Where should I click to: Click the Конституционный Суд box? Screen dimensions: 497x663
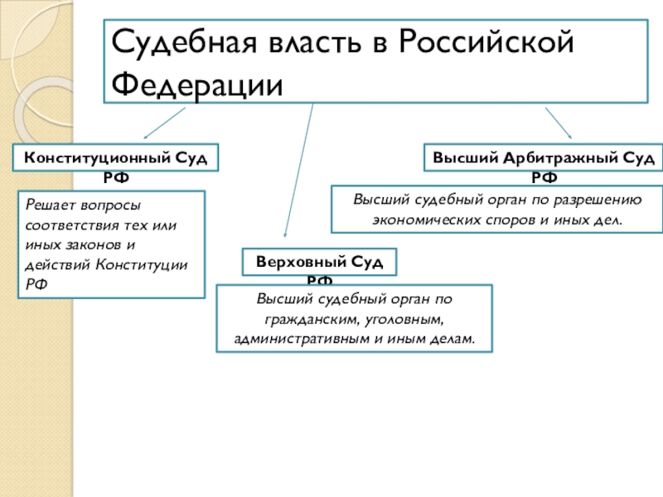(x=115, y=157)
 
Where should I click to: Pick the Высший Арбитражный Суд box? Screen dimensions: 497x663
(x=543, y=157)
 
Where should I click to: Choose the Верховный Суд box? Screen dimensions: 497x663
(x=319, y=262)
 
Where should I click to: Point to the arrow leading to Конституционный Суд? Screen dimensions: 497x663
(x=166, y=122)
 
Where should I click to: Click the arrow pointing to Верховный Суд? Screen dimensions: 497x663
(x=298, y=174)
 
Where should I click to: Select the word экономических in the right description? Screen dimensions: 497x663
(x=423, y=221)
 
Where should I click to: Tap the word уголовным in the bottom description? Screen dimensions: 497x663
(x=406, y=319)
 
